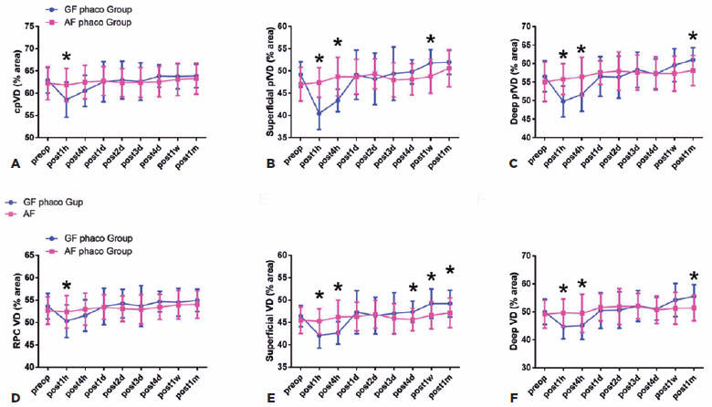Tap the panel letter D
coord(14,397)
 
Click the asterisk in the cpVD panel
coord(66,57)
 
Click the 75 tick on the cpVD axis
coord(35,26)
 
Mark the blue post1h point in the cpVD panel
coord(66,99)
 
